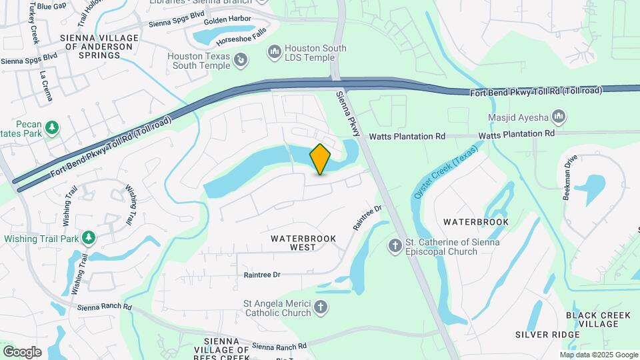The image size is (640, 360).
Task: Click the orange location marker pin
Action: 321,159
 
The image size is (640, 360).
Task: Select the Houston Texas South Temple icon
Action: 241,61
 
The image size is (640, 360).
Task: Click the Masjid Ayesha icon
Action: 559,118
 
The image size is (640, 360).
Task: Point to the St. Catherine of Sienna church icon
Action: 395,247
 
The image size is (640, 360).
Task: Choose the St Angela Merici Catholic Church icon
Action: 321,307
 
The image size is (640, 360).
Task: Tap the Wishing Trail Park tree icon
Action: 88,238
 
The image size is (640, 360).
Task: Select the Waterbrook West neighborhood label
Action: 303,243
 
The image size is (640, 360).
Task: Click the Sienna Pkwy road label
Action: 349,113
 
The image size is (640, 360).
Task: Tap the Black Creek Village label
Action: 593,319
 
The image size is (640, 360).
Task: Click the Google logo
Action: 22,351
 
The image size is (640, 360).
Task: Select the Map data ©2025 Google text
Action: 599,355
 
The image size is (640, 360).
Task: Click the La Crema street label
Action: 45,85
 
